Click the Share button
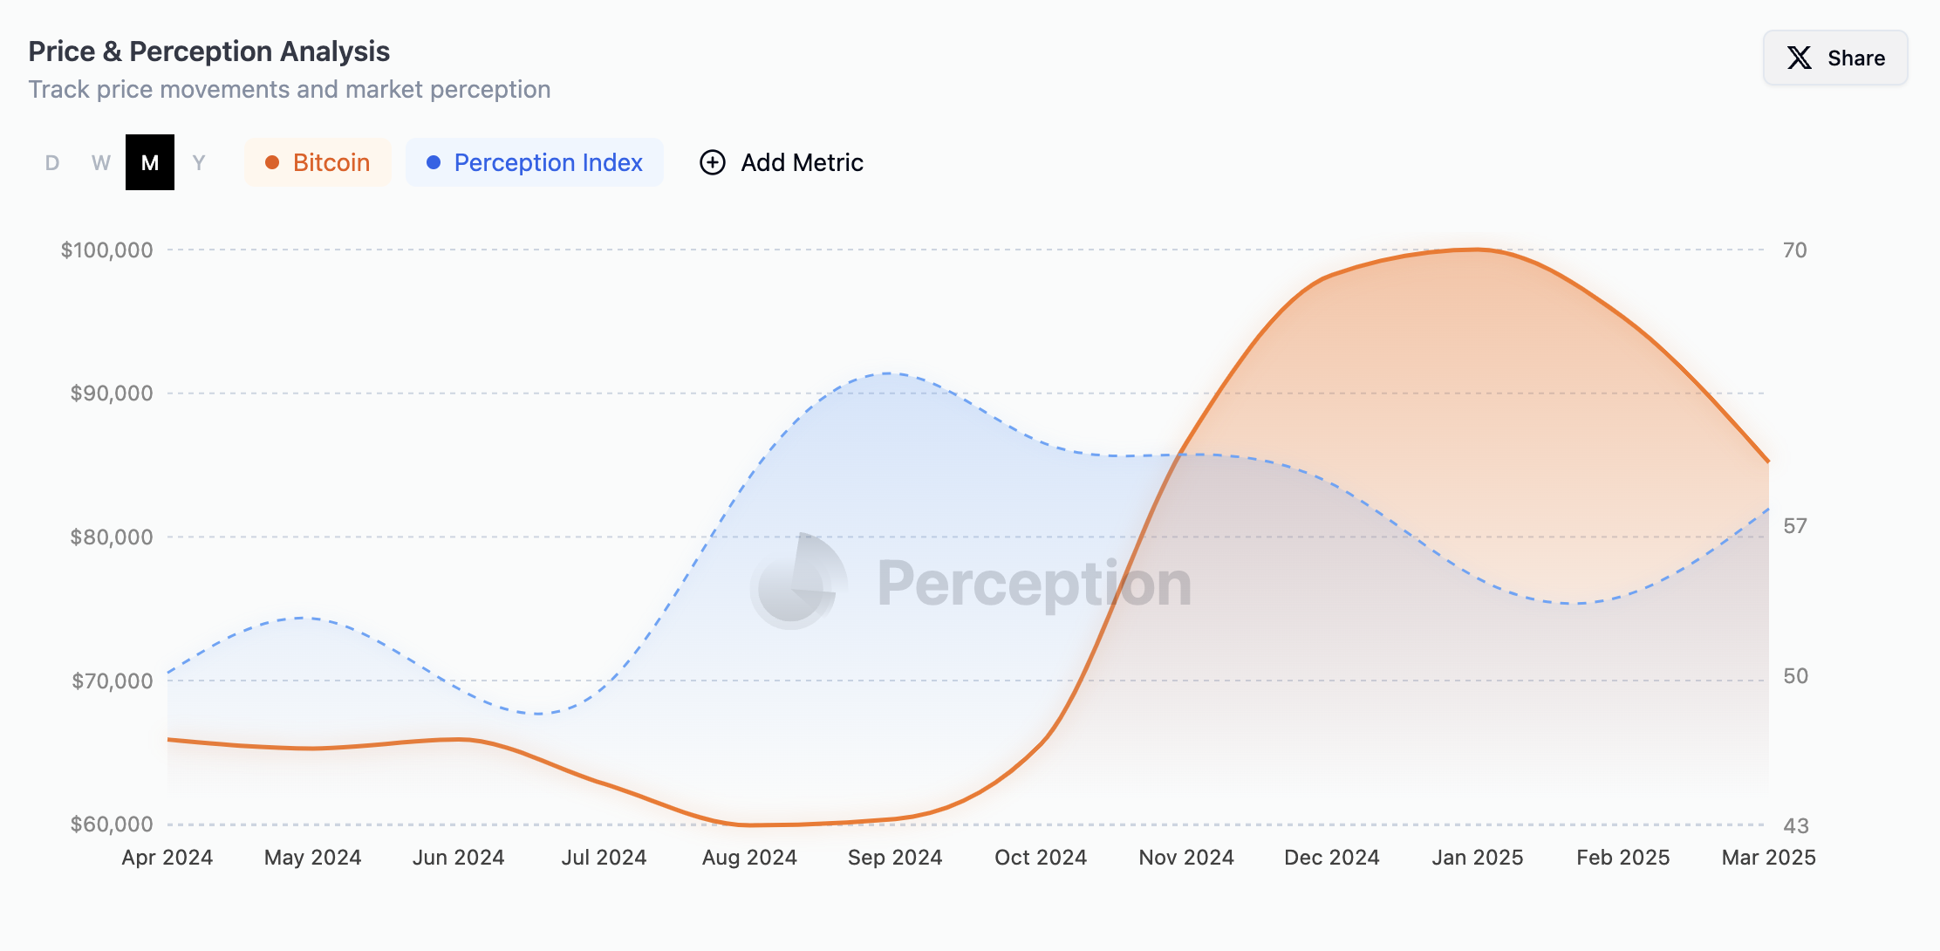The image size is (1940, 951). coord(1835,58)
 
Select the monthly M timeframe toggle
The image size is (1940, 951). coord(150,162)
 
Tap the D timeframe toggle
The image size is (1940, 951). coord(52,162)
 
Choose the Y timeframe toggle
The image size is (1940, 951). coord(199,162)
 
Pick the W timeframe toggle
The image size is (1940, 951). coord(101,162)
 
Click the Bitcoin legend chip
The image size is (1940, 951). coord(318,162)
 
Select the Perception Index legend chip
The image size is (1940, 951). coord(535,162)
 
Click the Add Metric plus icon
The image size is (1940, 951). coord(713,162)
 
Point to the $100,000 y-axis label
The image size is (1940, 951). coord(106,250)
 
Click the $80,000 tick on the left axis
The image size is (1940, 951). coord(112,537)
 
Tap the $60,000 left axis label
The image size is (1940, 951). coord(112,824)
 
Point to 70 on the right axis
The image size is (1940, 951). coord(1794,250)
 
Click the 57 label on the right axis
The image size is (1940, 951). coord(1794,526)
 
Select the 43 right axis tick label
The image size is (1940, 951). coord(1795,825)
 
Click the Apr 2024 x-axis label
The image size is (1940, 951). coord(167,858)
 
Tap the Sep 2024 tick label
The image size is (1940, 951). coord(895,858)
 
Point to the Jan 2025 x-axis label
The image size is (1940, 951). coord(1477,858)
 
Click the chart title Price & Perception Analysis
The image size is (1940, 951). coord(209,51)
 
